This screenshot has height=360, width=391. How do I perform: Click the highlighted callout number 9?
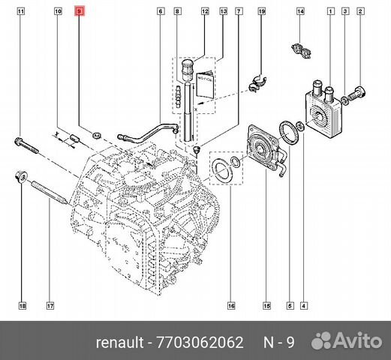click(x=80, y=13)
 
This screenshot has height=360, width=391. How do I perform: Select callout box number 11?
click(x=21, y=13)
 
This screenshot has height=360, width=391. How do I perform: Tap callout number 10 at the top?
click(x=58, y=13)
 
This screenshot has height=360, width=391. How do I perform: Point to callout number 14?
click(x=299, y=13)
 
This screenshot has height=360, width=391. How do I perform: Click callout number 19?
click(x=261, y=13)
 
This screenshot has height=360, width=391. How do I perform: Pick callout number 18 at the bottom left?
click(x=22, y=306)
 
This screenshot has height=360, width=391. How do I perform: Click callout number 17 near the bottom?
click(x=50, y=306)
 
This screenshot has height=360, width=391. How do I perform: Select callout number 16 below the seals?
click(x=232, y=306)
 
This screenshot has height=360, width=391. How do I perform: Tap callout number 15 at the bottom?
click(x=266, y=306)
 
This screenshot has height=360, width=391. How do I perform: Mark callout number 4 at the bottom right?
click(x=302, y=306)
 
